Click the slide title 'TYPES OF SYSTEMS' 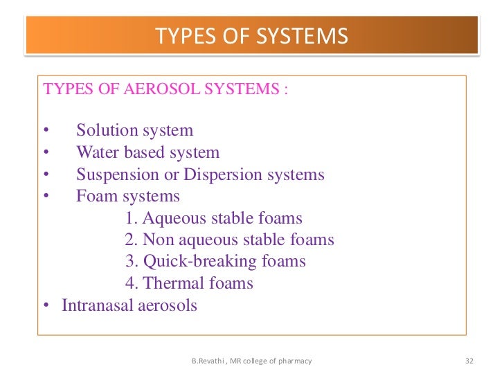click(x=252, y=36)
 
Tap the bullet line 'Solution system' click(x=134, y=130)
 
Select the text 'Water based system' click(x=147, y=152)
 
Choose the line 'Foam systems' click(x=128, y=197)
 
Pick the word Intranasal click(x=96, y=305)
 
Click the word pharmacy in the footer click(x=295, y=361)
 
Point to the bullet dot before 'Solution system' click(x=46, y=131)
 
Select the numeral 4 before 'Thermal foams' click(x=130, y=283)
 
